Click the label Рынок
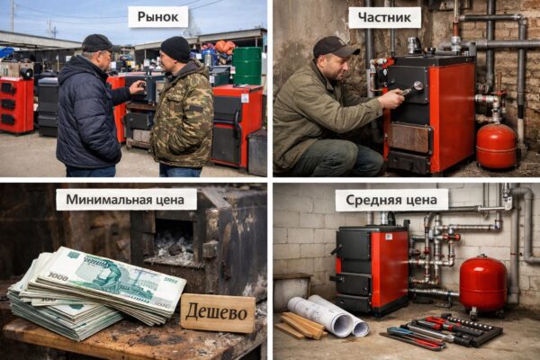coord(157,16)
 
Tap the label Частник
coord(384,17)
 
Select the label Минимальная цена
coord(126,199)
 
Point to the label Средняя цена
coord(391,200)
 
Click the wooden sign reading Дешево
coord(218,312)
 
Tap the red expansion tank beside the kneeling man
coord(496,146)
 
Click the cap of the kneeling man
coord(333,46)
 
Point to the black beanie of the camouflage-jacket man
coord(175,48)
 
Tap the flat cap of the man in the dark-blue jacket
coord(96,42)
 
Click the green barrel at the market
coord(247,66)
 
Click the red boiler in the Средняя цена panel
coord(371,267)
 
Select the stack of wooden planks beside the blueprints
coord(300,325)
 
